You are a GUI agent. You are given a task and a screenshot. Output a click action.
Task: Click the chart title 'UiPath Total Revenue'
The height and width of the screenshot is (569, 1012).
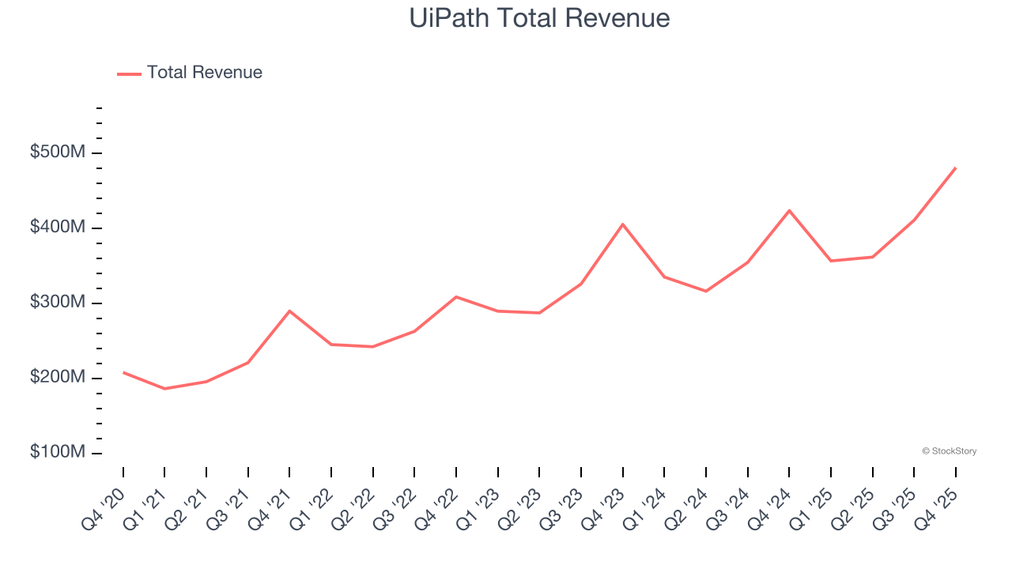click(x=539, y=18)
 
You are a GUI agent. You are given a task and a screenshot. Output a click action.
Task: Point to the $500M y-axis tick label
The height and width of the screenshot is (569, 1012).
click(x=58, y=153)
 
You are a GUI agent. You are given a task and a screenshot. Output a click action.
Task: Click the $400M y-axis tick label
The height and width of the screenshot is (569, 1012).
click(x=58, y=228)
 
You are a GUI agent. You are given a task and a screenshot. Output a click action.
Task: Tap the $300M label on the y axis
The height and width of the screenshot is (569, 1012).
click(x=58, y=303)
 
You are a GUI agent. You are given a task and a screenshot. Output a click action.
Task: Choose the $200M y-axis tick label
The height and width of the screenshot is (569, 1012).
click(x=58, y=378)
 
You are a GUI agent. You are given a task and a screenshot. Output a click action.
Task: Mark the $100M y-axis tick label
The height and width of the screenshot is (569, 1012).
click(x=58, y=453)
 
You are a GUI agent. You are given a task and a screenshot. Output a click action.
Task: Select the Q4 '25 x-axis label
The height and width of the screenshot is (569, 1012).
click(x=938, y=503)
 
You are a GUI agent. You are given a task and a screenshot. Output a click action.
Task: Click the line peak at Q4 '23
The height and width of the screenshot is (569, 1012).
click(x=623, y=224)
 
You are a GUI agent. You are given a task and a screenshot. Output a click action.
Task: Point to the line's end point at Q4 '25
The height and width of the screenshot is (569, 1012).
click(x=955, y=168)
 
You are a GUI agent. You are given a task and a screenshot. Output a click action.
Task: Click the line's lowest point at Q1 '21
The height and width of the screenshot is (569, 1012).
click(x=164, y=389)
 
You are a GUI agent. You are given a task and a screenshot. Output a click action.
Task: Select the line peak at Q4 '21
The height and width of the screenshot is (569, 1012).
click(x=289, y=311)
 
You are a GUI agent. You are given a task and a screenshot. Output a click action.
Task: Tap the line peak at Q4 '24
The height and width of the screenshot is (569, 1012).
click(x=789, y=210)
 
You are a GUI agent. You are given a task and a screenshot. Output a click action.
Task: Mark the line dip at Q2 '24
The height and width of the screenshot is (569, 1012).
click(x=706, y=292)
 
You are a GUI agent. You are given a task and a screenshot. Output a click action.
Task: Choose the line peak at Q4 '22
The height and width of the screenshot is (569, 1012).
click(x=456, y=296)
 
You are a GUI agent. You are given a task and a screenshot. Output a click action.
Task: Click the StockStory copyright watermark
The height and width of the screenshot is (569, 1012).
click(x=949, y=451)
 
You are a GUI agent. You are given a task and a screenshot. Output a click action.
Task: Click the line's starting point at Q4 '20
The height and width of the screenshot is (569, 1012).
click(x=123, y=372)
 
